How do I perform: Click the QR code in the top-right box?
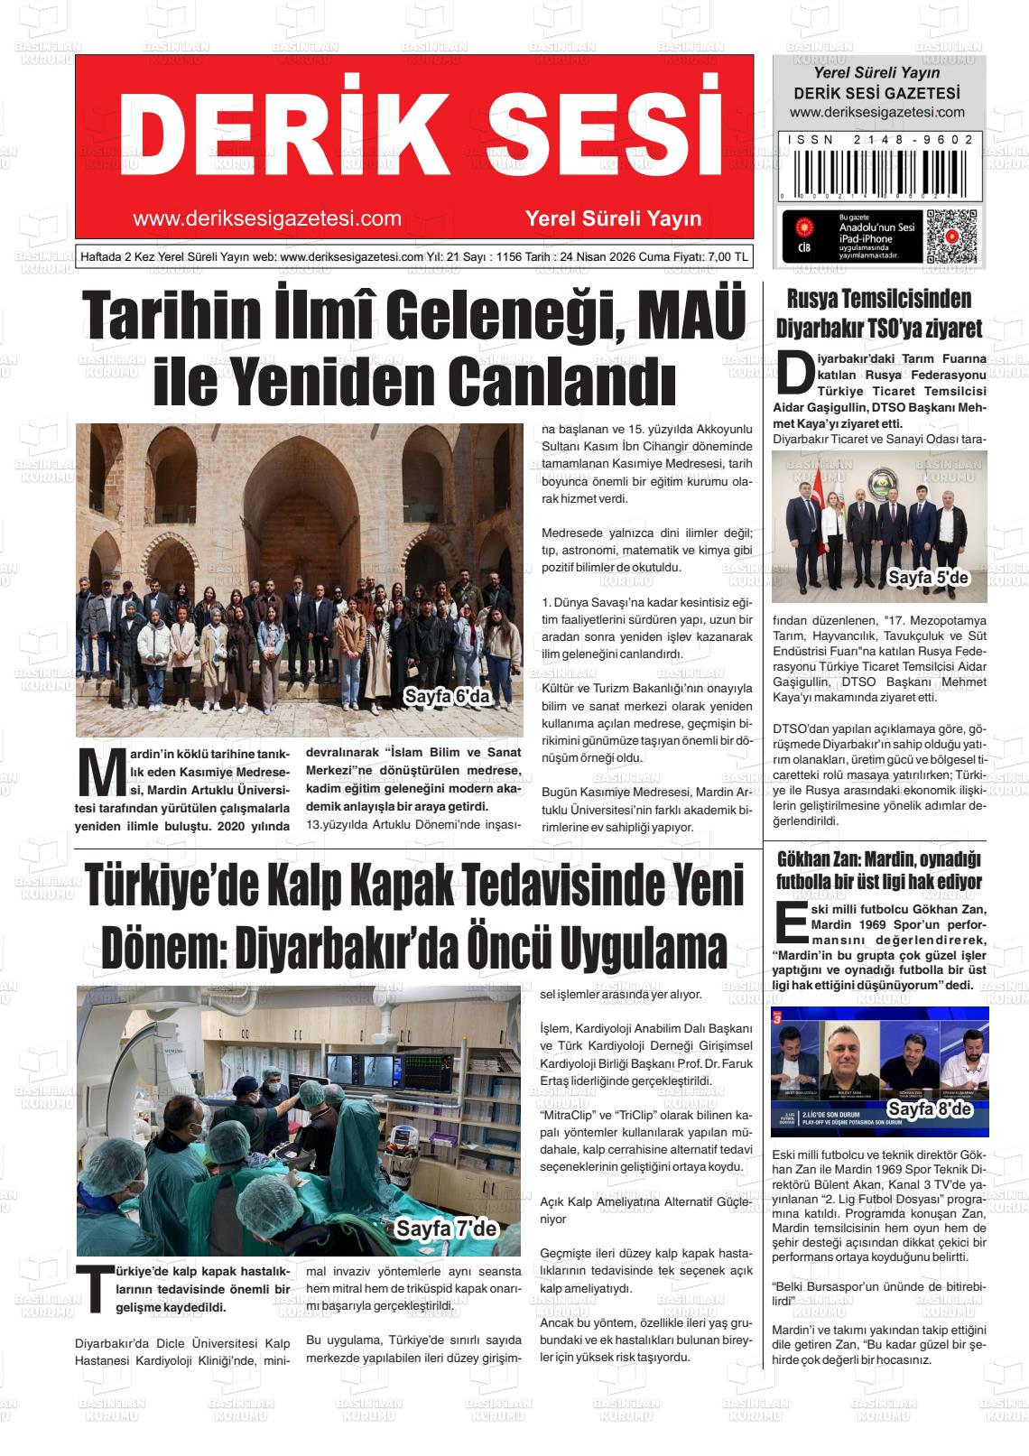[x=952, y=236]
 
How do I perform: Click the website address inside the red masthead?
[x=266, y=218]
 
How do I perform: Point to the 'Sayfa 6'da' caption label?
[x=446, y=697]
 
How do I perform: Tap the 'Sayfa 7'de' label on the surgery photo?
[x=447, y=1229]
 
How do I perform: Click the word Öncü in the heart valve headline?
[x=506, y=947]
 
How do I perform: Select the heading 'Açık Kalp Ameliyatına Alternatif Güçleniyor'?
[x=644, y=1210]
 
